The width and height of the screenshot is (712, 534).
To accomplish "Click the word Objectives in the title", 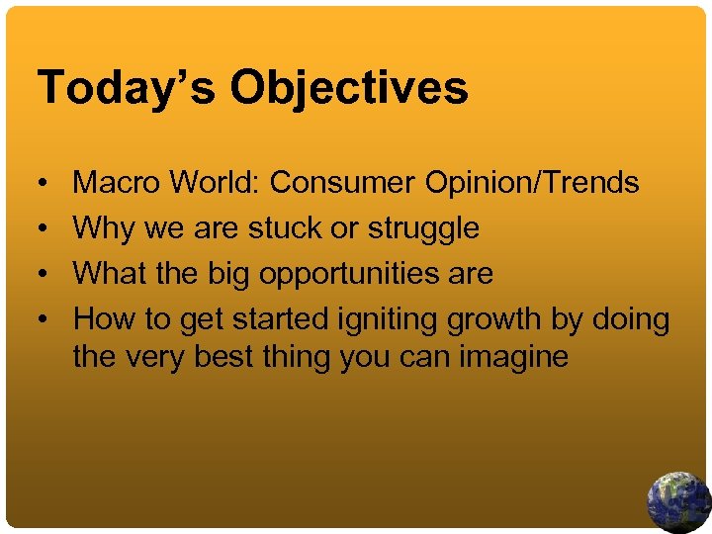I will (x=349, y=87).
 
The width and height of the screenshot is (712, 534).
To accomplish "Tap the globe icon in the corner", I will (x=678, y=502).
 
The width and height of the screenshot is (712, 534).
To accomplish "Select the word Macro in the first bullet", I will (x=117, y=182).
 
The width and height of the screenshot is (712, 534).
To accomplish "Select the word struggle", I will (x=423, y=229).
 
